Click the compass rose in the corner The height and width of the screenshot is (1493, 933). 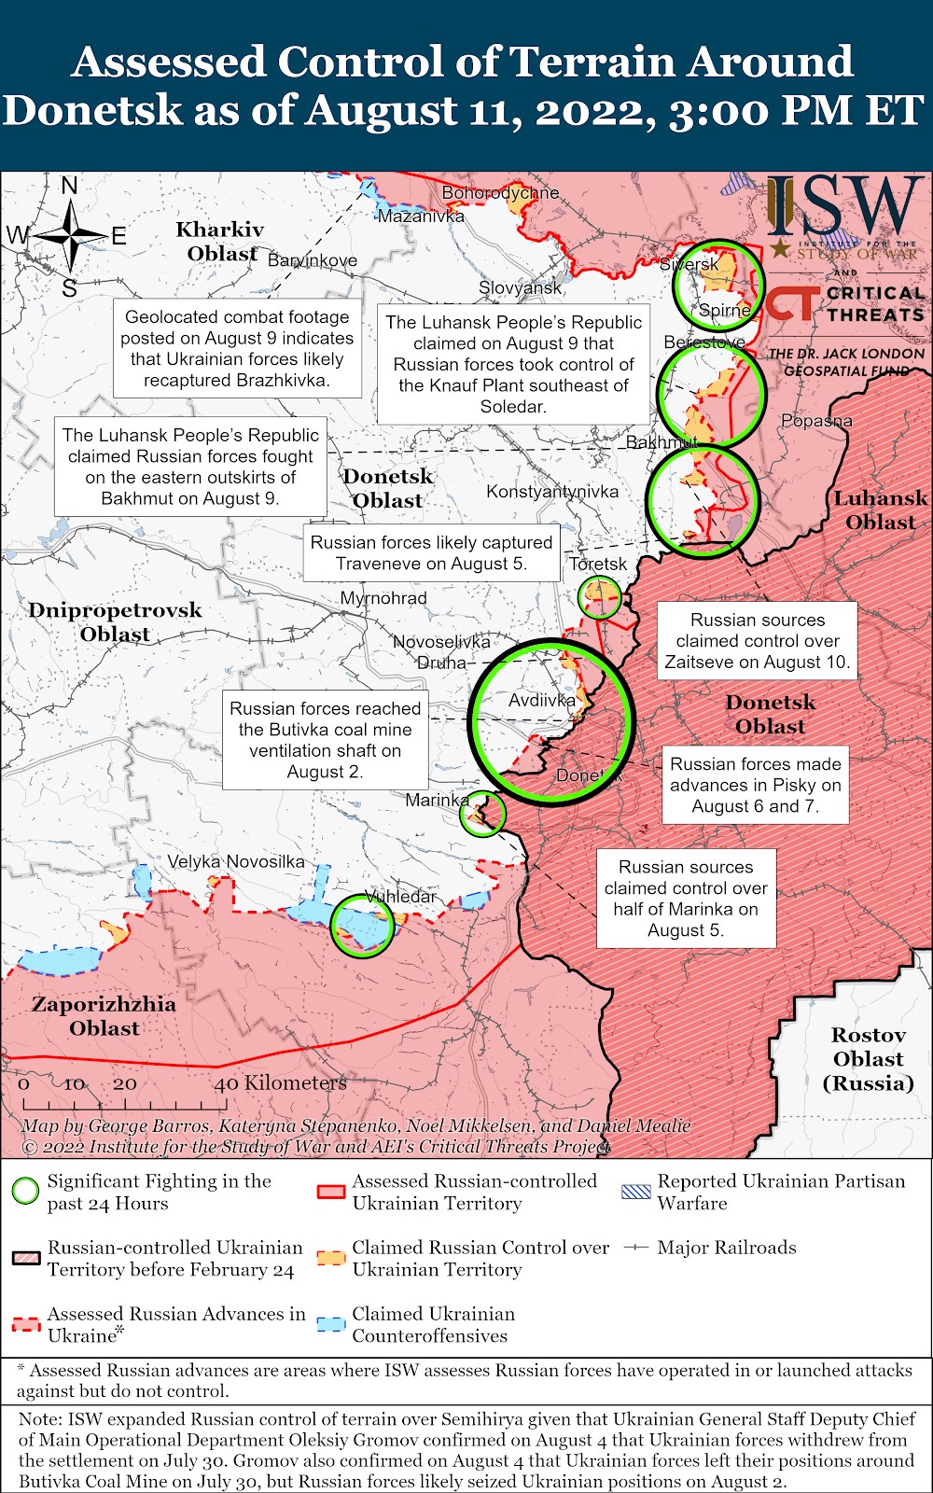[x=70, y=236]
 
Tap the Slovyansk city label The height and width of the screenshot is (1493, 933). [x=520, y=287]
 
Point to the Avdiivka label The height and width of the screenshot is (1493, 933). [x=542, y=700]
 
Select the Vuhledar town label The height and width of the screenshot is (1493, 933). [x=400, y=896]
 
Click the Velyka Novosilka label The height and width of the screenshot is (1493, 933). [x=236, y=861]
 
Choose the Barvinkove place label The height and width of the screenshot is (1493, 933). [x=313, y=260]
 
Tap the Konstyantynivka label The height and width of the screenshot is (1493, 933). [x=552, y=491]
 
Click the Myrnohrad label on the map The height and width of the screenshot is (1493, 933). [x=383, y=598]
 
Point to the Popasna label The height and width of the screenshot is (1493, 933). [x=816, y=421]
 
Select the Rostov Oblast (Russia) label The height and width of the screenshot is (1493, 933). [x=868, y=1059]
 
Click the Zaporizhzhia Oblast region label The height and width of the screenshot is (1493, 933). [x=104, y=1016]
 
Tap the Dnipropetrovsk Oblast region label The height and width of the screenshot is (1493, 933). [x=115, y=621]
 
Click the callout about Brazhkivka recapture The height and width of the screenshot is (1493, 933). [x=237, y=348]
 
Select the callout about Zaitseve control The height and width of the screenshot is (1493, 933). [x=758, y=641]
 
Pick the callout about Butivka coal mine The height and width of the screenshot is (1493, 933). [x=325, y=740]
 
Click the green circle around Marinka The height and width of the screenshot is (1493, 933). [x=484, y=813]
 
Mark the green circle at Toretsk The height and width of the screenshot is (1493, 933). [x=600, y=597]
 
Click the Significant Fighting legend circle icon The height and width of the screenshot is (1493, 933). [x=25, y=1192]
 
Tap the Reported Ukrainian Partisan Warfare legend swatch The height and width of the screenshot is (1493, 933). [x=636, y=1192]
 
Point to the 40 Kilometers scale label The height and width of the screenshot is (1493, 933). [x=280, y=1083]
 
